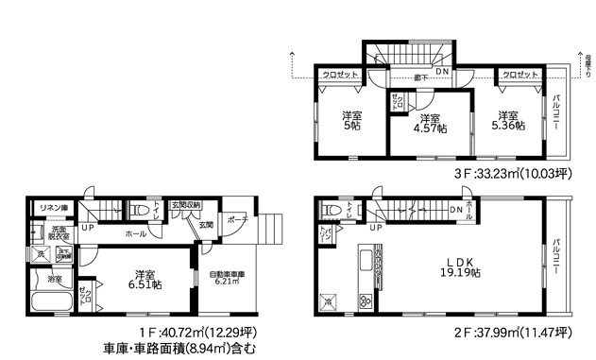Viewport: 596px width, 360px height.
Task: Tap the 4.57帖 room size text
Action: (431, 130)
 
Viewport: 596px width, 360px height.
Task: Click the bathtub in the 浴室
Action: (53, 305)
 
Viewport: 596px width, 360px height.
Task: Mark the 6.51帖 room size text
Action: (144, 283)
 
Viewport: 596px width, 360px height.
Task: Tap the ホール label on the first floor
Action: (135, 232)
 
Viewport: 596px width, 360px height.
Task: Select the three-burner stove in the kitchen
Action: (365, 301)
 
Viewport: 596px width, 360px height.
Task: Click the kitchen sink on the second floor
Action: (365, 259)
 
